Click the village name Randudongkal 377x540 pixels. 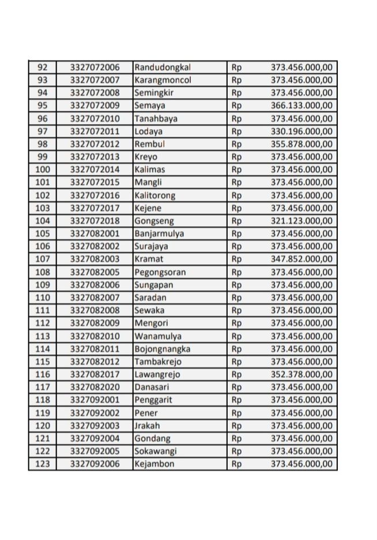click(158, 67)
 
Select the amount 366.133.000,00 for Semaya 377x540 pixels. click(301, 106)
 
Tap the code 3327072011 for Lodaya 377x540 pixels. click(95, 131)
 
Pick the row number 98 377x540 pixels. click(43, 144)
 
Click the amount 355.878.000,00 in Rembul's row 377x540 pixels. click(301, 144)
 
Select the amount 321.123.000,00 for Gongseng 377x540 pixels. click(301, 220)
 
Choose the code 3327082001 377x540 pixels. click(95, 233)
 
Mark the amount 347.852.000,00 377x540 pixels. click(301, 259)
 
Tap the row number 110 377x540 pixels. click(43, 297)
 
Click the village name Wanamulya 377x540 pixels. click(155, 336)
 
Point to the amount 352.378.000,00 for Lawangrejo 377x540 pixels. click(301, 374)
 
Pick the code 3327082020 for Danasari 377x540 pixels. click(95, 387)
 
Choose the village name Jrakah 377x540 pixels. click(146, 425)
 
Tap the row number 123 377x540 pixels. click(43, 463)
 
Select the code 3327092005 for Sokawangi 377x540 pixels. click(95, 451)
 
